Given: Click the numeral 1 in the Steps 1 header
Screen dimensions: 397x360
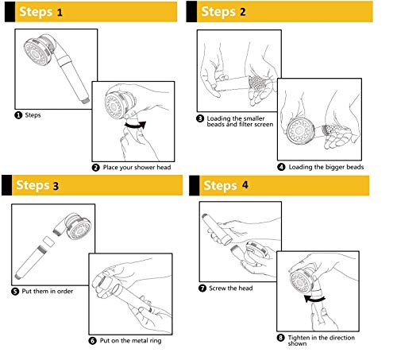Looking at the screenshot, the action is (60, 12).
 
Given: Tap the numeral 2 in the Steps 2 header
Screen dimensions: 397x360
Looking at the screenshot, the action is (243, 12).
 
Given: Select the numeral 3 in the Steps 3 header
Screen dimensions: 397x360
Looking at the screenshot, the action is (56, 186).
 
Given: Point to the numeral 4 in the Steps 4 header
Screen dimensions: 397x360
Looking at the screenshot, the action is (245, 184).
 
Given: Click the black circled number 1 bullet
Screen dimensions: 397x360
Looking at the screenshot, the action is (18, 115).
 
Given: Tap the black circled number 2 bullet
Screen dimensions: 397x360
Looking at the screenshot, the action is (96, 168).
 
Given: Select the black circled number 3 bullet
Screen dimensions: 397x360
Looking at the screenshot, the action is (200, 118).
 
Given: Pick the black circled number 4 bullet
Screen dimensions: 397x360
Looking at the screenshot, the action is (281, 167).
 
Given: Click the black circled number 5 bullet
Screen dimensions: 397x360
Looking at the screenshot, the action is (15, 292).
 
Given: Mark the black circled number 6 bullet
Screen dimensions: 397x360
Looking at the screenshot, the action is (92, 341).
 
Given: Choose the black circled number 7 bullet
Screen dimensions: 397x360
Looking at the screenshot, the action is (202, 288).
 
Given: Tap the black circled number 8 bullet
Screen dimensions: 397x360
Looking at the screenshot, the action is (280, 338).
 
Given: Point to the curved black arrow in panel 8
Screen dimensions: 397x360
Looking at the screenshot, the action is (314, 300).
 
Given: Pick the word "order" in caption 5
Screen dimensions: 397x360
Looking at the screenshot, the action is (65, 291).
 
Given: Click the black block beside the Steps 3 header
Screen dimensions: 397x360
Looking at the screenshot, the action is (6, 185).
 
